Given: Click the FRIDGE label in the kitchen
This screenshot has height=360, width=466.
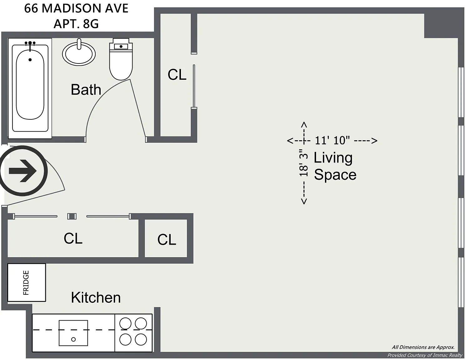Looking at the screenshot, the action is click(x=26, y=283).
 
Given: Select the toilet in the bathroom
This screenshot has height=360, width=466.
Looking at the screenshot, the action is click(x=121, y=59).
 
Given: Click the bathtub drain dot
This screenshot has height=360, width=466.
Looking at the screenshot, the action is click(x=30, y=60).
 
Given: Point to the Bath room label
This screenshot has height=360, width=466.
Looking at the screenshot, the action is click(x=86, y=90).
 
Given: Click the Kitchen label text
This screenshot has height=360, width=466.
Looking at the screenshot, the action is click(x=96, y=297).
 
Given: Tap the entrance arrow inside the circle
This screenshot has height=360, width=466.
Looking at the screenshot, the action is click(x=23, y=171).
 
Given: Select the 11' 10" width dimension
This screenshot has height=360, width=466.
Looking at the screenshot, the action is click(x=332, y=141).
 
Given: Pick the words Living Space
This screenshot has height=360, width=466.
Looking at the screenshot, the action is click(x=335, y=166).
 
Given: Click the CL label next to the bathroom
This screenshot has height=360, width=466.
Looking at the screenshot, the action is click(x=177, y=75).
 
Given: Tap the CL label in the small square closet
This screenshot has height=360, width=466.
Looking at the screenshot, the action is click(x=167, y=239).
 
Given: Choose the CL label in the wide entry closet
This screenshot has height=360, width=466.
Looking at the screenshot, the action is click(x=73, y=238).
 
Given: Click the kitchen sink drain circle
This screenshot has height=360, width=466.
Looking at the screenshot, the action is click(x=73, y=339).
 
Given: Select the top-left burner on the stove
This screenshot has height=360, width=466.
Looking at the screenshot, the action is click(x=125, y=323).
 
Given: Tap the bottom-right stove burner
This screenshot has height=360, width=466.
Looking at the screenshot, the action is click(x=141, y=339).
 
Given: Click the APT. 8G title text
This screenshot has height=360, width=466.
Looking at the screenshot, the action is click(x=76, y=24).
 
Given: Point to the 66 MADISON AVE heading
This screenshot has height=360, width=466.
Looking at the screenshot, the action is click(x=76, y=8).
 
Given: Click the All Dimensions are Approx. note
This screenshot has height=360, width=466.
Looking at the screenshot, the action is click(x=423, y=347).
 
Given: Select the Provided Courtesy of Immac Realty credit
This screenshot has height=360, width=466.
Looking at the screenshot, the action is click(x=425, y=355).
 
